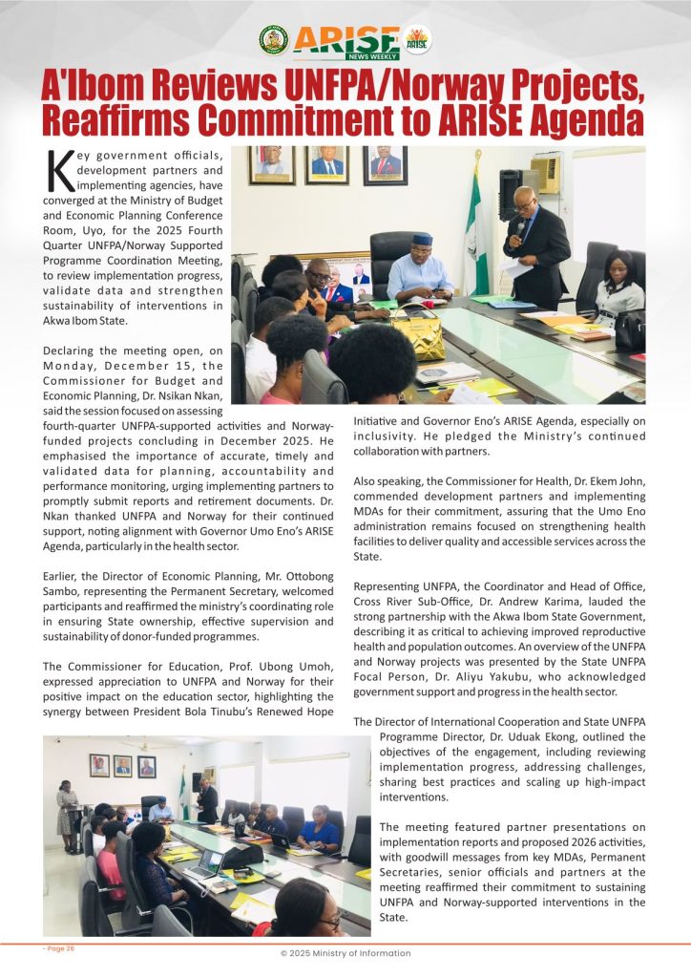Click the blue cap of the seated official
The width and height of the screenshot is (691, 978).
tap(422, 239)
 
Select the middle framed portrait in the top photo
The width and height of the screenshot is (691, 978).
tap(327, 164)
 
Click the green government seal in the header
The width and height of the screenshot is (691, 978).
tap(274, 39)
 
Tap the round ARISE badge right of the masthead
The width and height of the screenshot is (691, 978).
tap(417, 39)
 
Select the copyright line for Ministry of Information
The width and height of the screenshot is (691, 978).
tap(345, 953)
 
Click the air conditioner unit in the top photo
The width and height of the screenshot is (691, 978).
tap(545, 174)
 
